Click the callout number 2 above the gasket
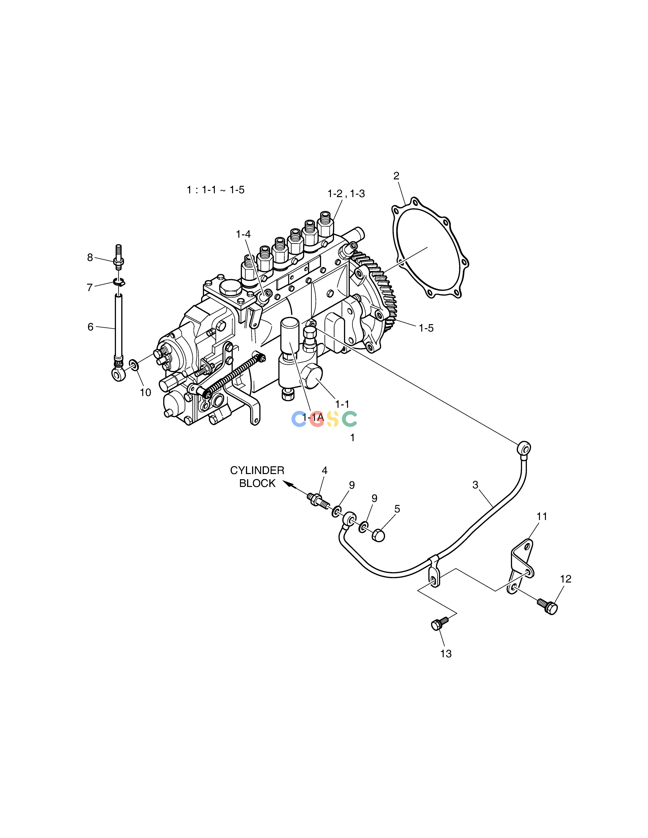coord(396,176)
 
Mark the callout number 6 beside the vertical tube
coord(91,327)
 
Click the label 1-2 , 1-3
coord(346,194)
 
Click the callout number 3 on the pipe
coord(475,485)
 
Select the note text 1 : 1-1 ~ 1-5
coord(215,190)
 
